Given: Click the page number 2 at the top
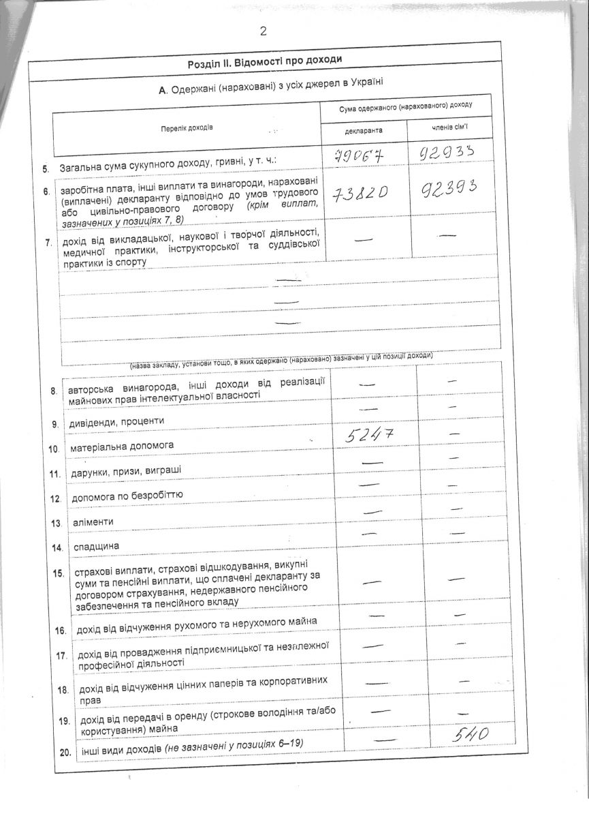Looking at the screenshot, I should (x=262, y=31).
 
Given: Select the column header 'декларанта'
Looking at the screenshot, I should (x=364, y=130).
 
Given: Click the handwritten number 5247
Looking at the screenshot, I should (x=370, y=434).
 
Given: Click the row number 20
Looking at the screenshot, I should (x=65, y=753).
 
